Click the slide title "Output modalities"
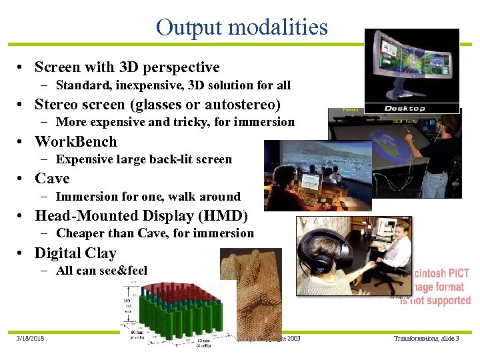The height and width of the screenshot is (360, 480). point(241,27)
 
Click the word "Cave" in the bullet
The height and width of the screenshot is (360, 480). point(52,179)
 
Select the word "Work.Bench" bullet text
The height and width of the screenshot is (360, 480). point(75,141)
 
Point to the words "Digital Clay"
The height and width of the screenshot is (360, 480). point(75,253)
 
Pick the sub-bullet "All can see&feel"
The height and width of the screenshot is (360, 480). point(101,270)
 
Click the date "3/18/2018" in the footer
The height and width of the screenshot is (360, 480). point(30,339)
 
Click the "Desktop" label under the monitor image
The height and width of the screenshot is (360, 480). point(405,108)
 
